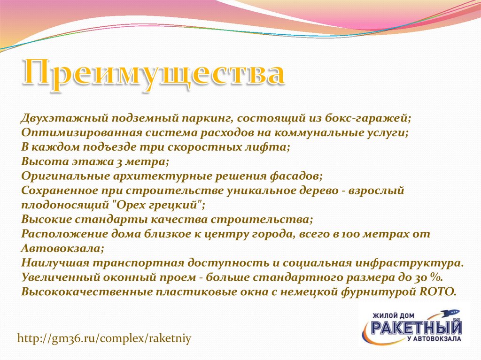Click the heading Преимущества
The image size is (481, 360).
154,74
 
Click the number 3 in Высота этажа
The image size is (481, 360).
118,162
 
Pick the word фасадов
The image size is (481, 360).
296,176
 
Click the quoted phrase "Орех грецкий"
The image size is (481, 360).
158,205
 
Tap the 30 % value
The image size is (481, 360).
429,277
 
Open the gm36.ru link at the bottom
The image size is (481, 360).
104,338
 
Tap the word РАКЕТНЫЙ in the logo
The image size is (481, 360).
416,328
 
